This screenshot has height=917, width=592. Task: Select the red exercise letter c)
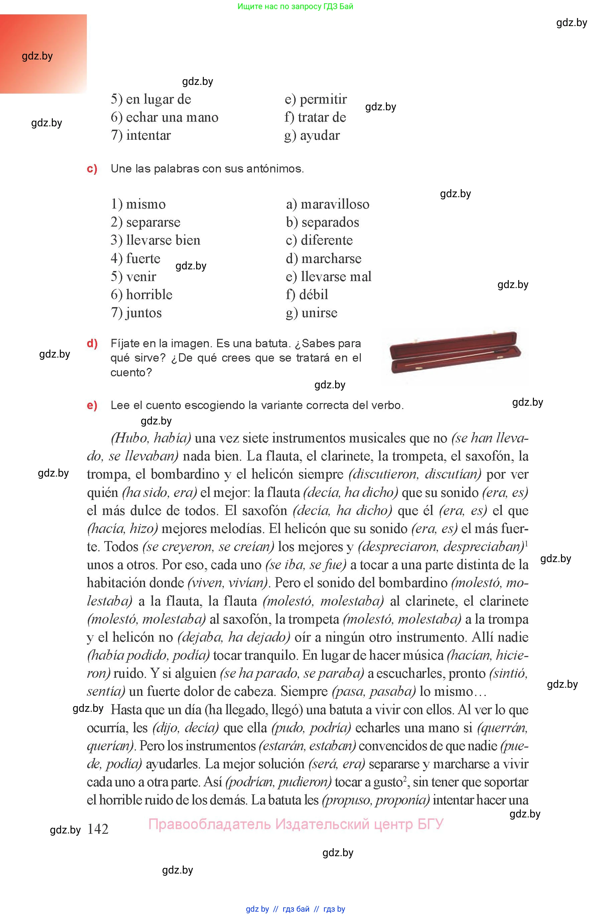[x=92, y=169]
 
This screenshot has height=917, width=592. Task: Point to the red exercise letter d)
[x=92, y=343]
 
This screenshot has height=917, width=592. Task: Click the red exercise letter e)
[x=92, y=405]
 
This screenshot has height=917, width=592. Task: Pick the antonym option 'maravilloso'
[x=335, y=204]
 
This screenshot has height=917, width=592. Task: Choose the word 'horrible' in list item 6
[x=149, y=294]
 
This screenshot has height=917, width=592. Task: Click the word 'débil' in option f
[x=314, y=294]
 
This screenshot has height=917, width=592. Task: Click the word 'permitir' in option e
[x=323, y=99]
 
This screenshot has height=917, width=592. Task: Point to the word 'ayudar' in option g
[x=320, y=135]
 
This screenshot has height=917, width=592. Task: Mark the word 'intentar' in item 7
[x=148, y=135]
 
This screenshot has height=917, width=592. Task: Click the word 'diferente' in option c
[x=327, y=240]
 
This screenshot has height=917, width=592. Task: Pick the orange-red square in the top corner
[x=43, y=54]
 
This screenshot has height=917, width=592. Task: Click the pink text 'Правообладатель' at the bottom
[x=209, y=824]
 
